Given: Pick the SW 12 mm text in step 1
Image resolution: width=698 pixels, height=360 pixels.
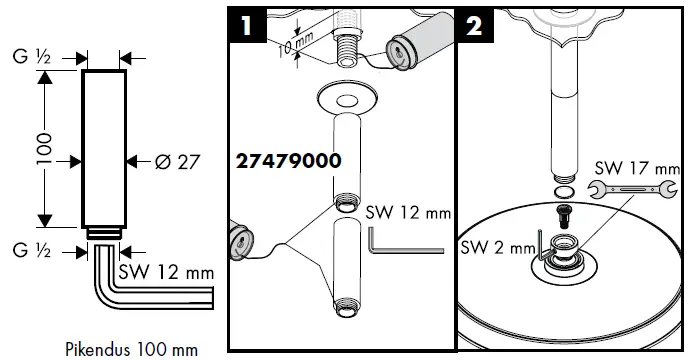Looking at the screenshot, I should pos(406,212).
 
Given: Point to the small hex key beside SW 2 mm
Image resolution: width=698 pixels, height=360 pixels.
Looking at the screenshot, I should pos(541,244).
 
